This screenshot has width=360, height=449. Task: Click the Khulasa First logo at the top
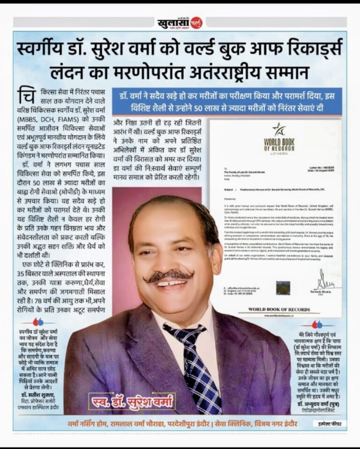point(180,22)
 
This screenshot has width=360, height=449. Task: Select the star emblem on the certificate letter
point(279,129)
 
